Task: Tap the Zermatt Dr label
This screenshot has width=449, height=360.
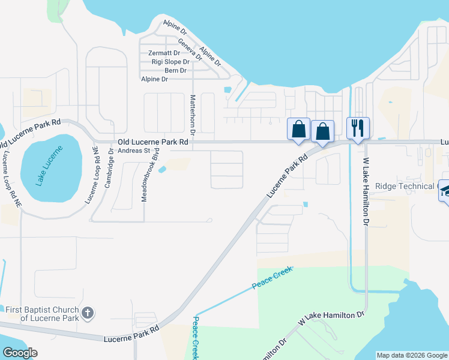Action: [x=164, y=53]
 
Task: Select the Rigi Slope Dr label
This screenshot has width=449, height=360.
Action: [x=170, y=62]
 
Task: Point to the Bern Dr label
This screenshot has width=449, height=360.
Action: [x=175, y=71]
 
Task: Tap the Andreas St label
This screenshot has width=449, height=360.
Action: [x=133, y=151]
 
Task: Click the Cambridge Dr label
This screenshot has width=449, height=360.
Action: [x=110, y=169]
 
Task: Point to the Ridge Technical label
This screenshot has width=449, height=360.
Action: [x=405, y=186]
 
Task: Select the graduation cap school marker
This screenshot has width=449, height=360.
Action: [x=447, y=190]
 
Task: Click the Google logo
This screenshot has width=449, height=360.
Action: [x=20, y=353]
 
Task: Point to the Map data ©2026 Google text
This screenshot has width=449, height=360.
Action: [x=412, y=355]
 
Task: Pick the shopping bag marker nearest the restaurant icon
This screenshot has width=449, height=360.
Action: [x=323, y=131]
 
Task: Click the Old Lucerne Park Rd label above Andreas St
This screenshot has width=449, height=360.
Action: [x=153, y=142]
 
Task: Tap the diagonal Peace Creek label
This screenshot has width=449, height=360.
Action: [x=272, y=278]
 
